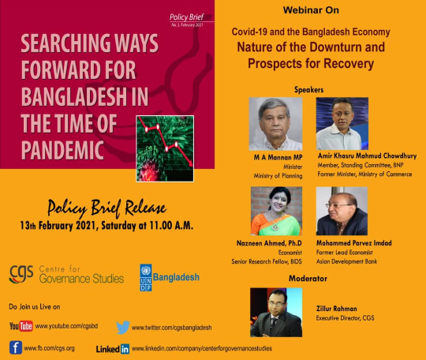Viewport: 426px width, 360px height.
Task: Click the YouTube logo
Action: [21, 326]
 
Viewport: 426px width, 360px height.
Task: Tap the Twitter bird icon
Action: [123, 327]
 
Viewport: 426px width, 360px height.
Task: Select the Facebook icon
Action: [16, 347]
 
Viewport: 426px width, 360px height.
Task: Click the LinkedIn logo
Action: [113, 349]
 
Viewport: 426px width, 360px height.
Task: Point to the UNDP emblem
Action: [146, 278]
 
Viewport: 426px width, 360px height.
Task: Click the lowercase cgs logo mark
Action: [21, 273]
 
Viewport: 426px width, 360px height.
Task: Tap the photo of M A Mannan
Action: [275, 124]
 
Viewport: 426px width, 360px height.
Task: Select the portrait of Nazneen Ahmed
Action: [276, 211]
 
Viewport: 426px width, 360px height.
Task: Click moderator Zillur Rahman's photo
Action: [276, 313]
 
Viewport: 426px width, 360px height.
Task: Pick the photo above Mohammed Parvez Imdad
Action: [342, 211]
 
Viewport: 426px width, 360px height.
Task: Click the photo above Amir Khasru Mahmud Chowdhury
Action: [342, 123]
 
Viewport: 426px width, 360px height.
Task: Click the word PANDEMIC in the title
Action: [62, 150]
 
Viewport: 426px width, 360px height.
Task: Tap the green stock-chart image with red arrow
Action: [165, 148]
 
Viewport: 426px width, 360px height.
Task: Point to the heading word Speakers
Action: [309, 90]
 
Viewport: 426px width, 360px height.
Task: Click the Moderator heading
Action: [308, 279]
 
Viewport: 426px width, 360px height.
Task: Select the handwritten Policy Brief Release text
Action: [106, 209]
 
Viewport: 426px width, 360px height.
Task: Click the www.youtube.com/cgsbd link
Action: [66, 326]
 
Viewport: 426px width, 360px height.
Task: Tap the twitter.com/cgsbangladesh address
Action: [172, 328]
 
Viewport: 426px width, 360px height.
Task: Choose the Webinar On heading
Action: [311, 10]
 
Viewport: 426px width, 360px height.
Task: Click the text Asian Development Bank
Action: [346, 261]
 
